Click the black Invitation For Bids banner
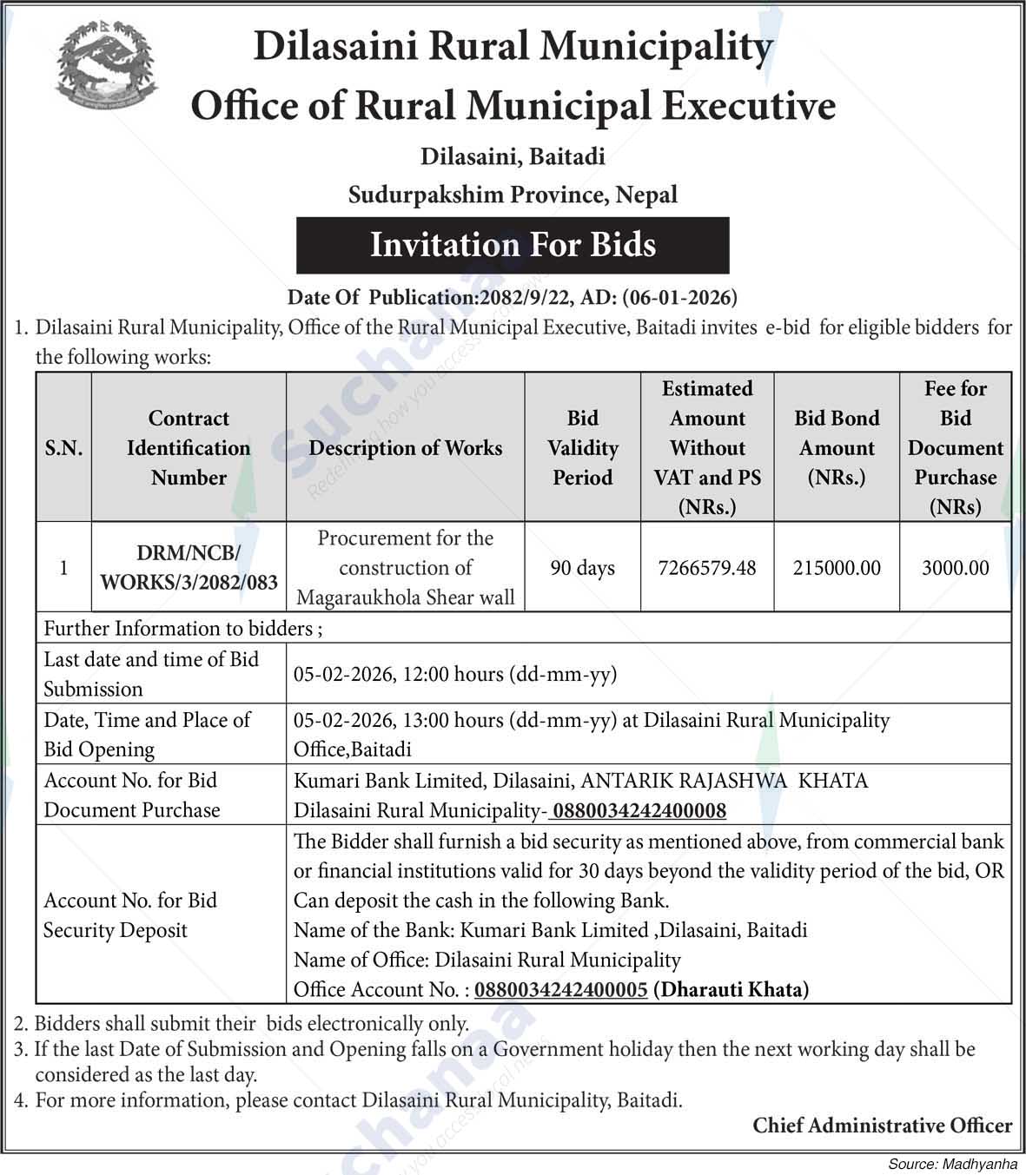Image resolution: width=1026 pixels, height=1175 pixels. click(513, 245)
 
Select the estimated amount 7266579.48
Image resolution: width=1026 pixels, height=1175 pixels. click(707, 568)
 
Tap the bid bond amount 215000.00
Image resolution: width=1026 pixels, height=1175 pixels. click(836, 568)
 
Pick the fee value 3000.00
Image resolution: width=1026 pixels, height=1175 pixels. click(955, 568)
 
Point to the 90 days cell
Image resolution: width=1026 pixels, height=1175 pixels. click(582, 568)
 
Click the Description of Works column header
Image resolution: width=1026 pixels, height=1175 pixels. click(405, 448)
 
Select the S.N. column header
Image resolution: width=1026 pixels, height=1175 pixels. click(63, 448)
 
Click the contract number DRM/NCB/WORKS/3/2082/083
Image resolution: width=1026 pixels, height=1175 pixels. click(189, 568)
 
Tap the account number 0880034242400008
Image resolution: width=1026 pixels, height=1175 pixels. click(639, 810)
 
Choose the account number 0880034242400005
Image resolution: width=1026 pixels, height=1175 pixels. click(561, 989)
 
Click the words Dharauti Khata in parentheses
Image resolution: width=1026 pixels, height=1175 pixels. click(731, 989)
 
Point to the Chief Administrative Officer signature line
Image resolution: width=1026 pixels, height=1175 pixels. click(882, 1125)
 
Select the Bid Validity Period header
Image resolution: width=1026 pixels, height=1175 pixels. click(582, 448)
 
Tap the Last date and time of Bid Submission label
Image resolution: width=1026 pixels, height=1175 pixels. click(151, 674)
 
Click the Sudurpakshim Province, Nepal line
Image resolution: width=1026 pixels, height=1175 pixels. click(513, 195)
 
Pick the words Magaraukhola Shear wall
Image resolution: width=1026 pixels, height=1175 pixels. click(405, 597)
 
